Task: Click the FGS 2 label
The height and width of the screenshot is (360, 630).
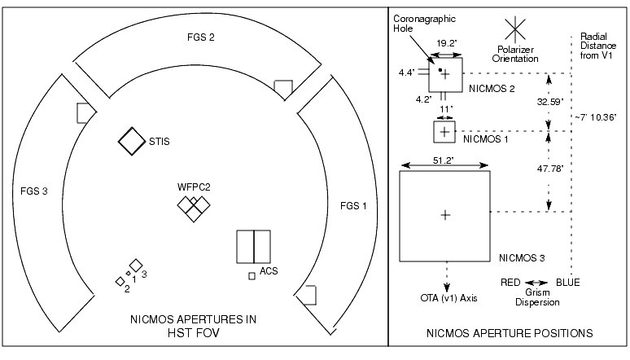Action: (201, 37)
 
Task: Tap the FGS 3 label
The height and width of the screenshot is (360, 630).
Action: (34, 191)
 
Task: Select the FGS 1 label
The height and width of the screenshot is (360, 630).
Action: (353, 206)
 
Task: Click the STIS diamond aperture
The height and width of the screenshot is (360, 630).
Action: (132, 141)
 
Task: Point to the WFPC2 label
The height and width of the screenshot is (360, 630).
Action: (194, 187)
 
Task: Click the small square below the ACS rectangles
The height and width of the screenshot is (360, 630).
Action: (252, 276)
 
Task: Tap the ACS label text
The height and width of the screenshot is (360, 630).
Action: (269, 271)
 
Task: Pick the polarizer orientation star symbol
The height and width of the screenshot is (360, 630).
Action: (515, 29)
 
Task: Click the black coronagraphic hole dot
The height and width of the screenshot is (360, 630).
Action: (440, 70)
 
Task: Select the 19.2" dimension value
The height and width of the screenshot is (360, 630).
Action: (446, 43)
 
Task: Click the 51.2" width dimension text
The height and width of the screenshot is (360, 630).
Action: (444, 160)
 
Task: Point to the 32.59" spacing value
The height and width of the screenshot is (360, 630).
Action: (550, 102)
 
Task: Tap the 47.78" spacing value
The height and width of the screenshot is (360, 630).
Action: (550, 169)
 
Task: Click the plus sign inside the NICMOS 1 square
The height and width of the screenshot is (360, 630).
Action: (444, 132)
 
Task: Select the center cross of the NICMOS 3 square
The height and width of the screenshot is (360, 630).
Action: (445, 215)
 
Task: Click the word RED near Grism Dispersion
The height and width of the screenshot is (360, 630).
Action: (510, 283)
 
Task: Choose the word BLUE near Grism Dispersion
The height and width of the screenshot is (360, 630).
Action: (568, 283)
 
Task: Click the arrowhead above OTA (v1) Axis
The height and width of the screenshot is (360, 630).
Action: (447, 288)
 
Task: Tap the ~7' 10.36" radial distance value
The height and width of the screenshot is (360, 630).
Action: (596, 117)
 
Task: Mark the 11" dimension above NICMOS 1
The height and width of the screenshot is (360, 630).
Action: (446, 109)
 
